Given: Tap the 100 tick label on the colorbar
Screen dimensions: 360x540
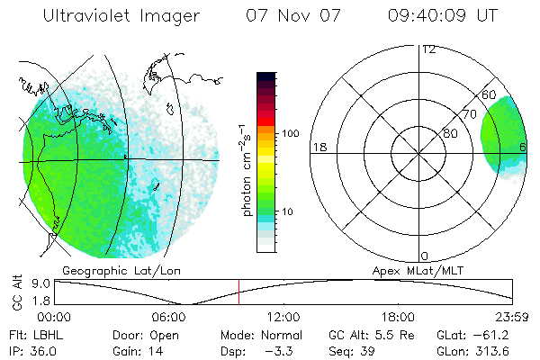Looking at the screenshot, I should click(290, 133).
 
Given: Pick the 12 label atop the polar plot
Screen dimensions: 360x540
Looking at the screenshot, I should click(428, 49).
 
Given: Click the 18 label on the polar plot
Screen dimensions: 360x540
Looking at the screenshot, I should click(318, 146).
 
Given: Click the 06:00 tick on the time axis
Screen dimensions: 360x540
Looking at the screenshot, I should click(169, 317).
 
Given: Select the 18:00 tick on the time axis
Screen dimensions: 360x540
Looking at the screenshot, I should click(398, 317).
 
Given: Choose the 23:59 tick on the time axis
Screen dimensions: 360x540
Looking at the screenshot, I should click(512, 317).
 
